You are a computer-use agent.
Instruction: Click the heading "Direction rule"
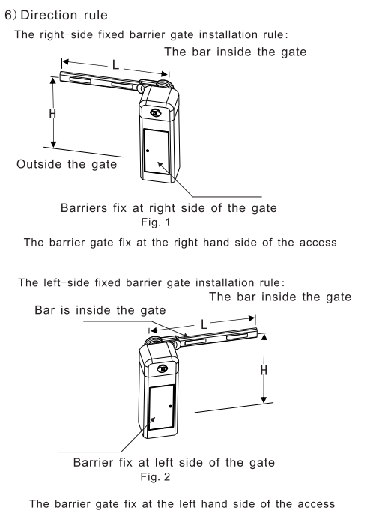pos(64,15)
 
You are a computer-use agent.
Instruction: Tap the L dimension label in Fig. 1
pos(115,64)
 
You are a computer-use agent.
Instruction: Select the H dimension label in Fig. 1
pos(52,114)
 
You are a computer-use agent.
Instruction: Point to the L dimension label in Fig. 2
pos(204,324)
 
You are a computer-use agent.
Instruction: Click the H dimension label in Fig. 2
pos(264,370)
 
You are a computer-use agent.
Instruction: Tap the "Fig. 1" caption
pos(156,222)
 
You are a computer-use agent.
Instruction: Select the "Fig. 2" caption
pos(155,476)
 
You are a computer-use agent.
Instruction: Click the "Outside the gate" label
pos(67,164)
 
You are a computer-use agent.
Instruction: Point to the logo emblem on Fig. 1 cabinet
pos(156,112)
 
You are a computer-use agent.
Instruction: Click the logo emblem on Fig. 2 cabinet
pos(163,368)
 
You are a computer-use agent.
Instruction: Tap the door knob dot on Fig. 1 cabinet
pos(148,151)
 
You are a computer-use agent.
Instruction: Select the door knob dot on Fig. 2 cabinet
pos(170,406)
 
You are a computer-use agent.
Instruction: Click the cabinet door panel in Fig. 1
pos(157,151)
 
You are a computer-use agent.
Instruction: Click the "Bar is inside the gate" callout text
pos(100,310)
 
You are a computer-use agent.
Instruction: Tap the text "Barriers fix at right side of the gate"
pos(169,208)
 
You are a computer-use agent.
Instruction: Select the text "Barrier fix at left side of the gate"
pos(174,462)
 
